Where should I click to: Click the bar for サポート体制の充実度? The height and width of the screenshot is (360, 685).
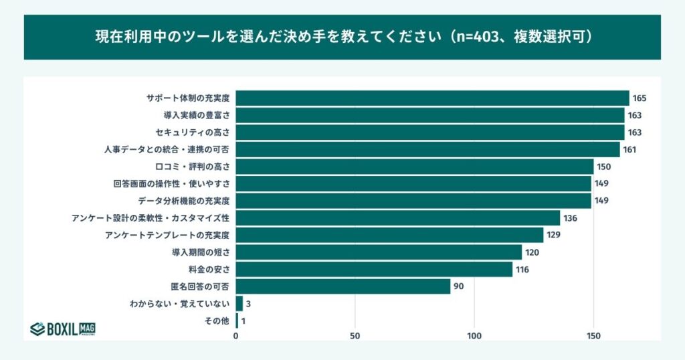432,98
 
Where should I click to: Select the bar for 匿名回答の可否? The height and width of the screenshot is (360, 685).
342,286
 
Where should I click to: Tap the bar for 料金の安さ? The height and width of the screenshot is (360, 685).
374,270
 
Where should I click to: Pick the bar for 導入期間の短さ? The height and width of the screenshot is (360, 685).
379,252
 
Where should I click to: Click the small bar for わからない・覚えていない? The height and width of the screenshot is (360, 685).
239,304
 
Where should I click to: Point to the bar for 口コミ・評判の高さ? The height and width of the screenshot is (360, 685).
414,167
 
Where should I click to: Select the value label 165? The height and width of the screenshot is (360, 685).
640,98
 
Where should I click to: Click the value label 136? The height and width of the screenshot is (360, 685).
571,218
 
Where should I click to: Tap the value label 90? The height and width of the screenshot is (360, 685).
458,286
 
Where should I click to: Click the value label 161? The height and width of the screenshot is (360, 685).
629,149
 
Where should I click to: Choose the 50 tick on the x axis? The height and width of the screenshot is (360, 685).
355,336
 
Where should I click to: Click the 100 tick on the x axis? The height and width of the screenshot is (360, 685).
474,336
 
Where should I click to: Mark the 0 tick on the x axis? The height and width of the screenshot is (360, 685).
236,336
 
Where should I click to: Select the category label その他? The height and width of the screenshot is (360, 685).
217,321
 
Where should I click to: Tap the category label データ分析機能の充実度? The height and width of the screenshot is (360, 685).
184,201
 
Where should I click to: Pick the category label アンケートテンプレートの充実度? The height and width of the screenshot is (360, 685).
167,235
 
